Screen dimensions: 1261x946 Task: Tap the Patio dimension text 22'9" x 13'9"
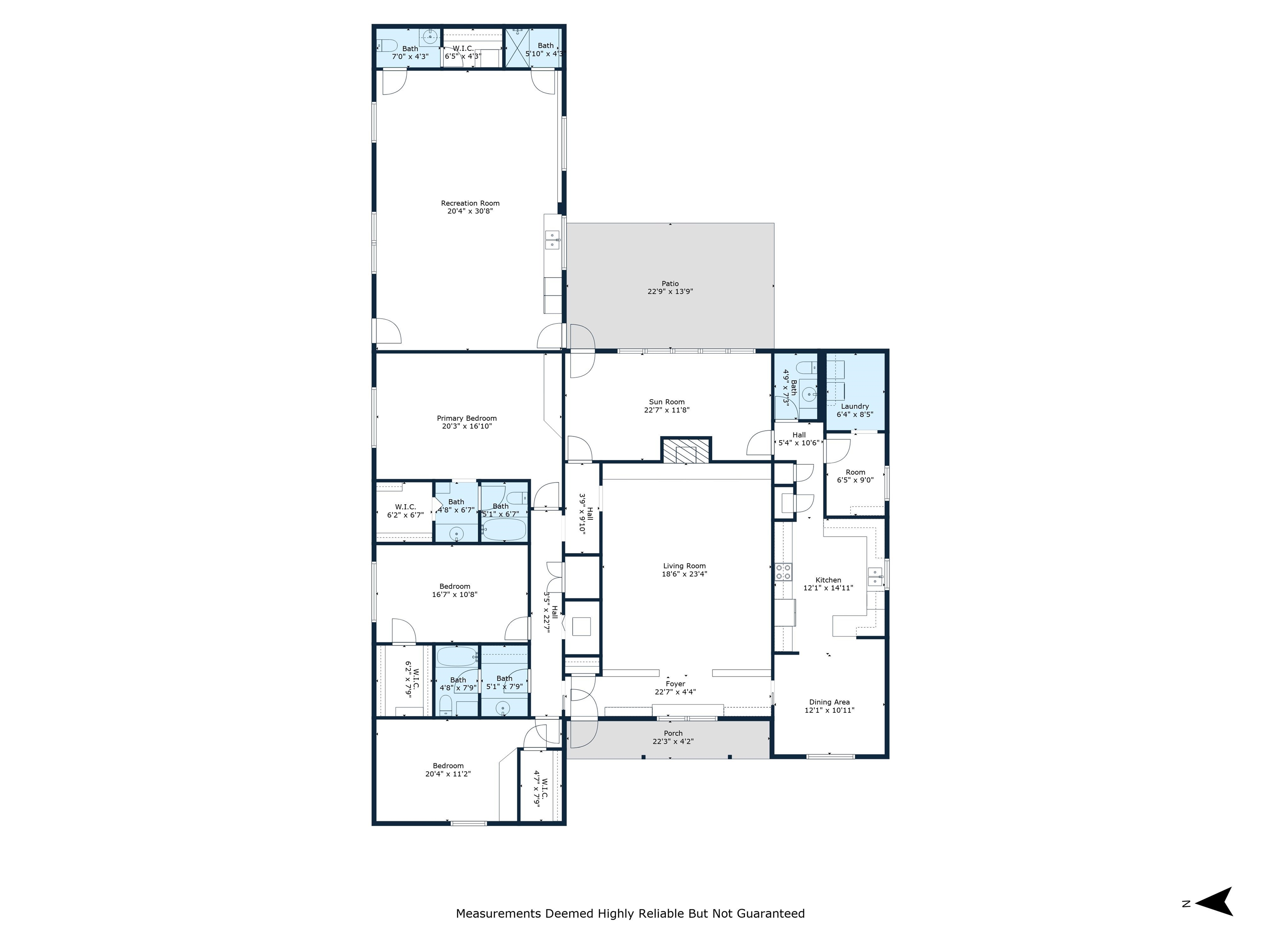tap(670, 292)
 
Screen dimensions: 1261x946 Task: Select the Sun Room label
tap(666, 402)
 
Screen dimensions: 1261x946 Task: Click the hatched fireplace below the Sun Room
tap(686, 449)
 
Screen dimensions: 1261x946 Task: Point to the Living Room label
tap(684, 566)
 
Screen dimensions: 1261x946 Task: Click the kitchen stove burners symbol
tap(783, 572)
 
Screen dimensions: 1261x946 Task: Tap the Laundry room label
tap(855, 406)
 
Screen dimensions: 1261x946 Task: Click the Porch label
tap(673, 733)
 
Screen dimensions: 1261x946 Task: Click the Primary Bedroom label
tap(466, 418)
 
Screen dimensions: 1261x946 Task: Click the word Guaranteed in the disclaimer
tap(771, 914)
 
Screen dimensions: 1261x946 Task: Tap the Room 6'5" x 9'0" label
tap(855, 476)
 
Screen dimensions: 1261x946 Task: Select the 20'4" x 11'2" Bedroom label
tap(448, 770)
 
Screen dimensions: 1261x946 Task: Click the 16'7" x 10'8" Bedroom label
tap(454, 590)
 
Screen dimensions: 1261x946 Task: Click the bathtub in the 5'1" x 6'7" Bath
tap(504, 530)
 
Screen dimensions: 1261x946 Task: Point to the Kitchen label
tap(828, 580)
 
